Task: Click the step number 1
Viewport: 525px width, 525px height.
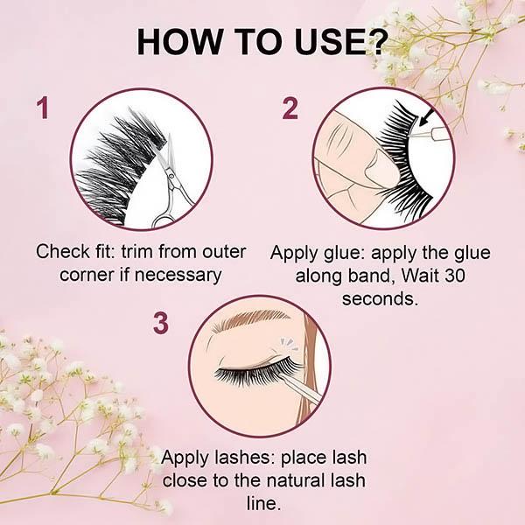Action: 43,107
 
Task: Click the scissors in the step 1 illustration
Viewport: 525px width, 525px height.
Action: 171,183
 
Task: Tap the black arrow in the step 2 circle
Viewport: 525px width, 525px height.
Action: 428,118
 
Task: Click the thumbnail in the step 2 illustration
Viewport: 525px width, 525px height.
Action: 381,166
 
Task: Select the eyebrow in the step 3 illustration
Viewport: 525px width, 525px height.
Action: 250,319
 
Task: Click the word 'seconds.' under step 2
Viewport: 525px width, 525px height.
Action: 381,298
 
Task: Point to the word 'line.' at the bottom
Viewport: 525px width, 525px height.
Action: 263,502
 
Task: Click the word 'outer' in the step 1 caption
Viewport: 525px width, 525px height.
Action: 224,252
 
